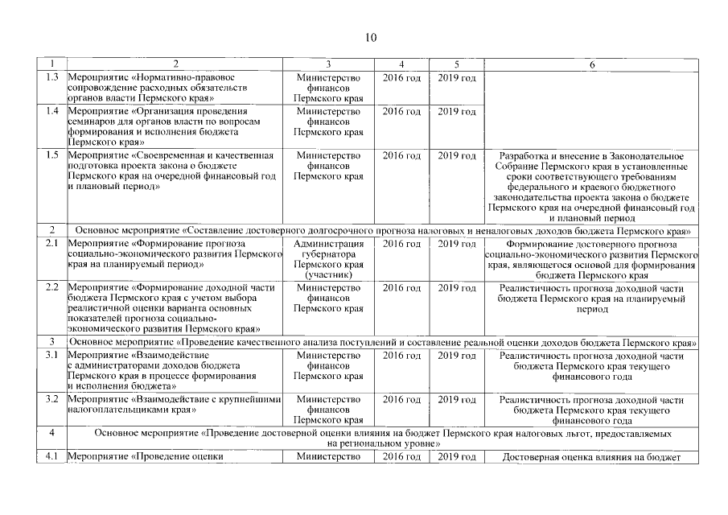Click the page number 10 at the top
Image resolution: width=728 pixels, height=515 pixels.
(370, 37)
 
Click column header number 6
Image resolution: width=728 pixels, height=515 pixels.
(592, 64)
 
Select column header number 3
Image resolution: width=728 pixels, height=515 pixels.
(328, 64)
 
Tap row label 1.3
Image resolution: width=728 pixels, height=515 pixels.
(52, 77)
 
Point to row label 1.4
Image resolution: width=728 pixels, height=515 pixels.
(52, 111)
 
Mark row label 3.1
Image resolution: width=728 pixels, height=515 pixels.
(52, 355)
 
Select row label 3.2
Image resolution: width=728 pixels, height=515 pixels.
(52, 399)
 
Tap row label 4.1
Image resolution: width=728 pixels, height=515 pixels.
(52, 458)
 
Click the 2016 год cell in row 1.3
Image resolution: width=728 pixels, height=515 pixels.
(401, 77)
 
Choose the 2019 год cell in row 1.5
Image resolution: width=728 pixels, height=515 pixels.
(456, 155)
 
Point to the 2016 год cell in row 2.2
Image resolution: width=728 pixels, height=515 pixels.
(401, 288)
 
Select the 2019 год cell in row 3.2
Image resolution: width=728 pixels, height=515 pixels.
(456, 399)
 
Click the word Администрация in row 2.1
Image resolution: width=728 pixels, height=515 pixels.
(328, 244)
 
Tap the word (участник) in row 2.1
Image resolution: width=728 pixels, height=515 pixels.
(328, 275)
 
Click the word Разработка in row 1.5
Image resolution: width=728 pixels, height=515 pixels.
(527, 155)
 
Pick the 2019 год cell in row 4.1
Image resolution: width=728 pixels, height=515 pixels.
(456, 458)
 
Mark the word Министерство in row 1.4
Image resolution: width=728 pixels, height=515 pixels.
(328, 111)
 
